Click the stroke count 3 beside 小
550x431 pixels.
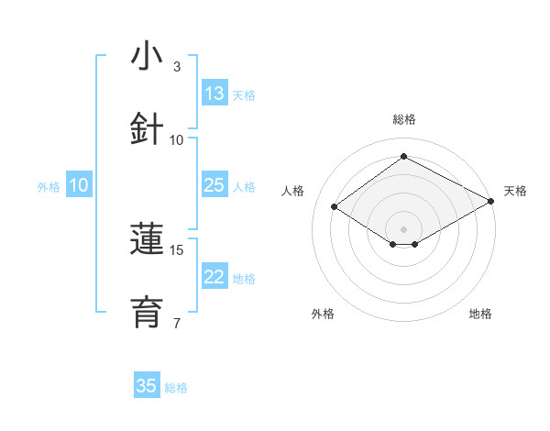(x=177, y=67)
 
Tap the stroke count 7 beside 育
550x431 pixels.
(x=177, y=323)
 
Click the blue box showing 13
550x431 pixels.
(x=214, y=94)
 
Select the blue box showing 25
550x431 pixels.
(x=214, y=185)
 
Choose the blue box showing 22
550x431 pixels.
(x=214, y=277)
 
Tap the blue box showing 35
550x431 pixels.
(x=147, y=386)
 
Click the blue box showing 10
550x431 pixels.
(x=79, y=185)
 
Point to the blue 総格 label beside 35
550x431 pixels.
(x=176, y=388)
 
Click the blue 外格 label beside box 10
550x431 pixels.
(x=49, y=187)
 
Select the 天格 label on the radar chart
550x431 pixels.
(x=515, y=191)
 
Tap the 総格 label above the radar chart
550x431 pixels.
(x=403, y=119)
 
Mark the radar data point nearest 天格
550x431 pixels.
(x=492, y=202)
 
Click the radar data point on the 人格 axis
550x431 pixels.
(x=335, y=206)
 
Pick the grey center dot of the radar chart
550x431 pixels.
(x=403, y=228)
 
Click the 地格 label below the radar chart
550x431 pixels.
(x=480, y=314)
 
